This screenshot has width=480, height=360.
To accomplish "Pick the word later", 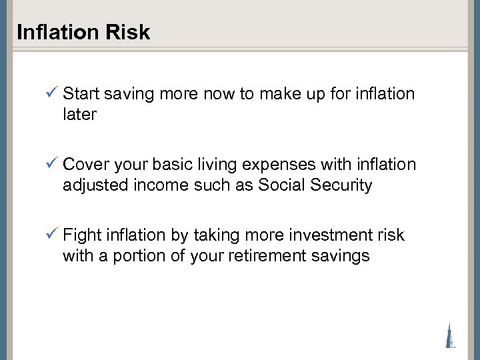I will coord(79,114).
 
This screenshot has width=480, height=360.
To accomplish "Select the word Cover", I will coord(85,165).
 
